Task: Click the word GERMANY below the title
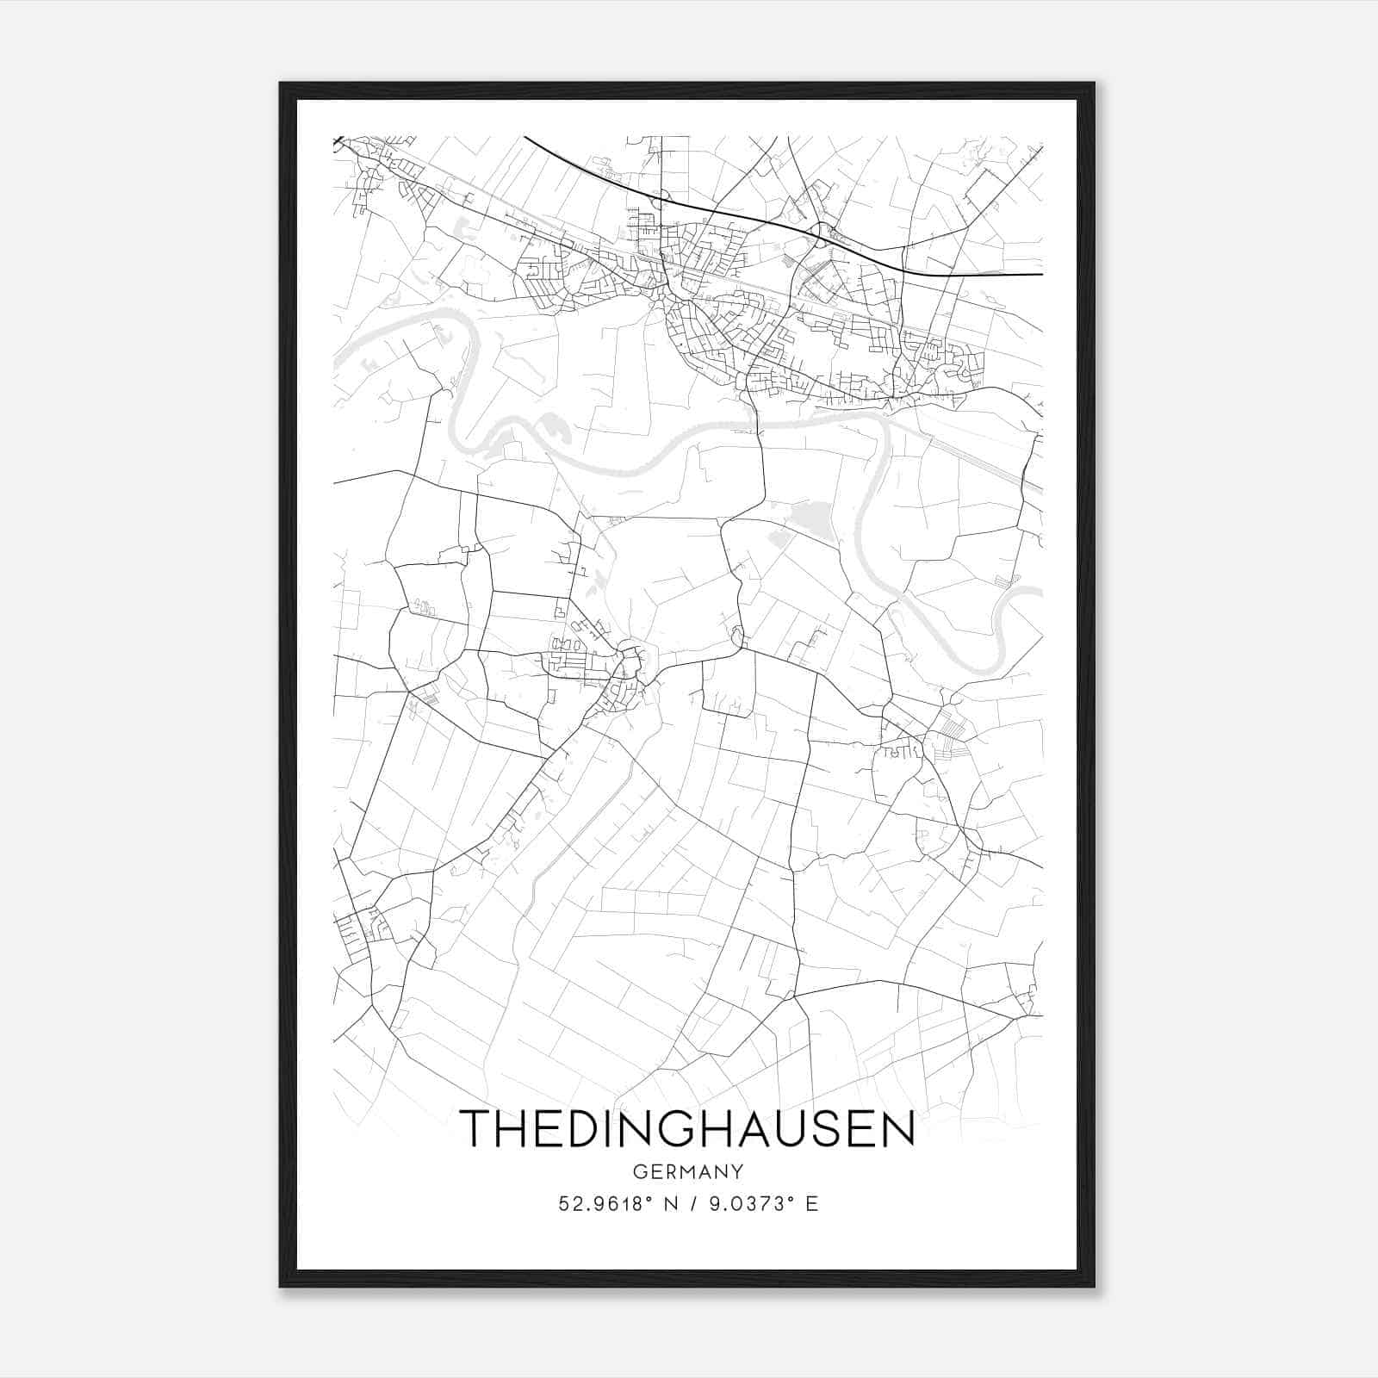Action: [x=688, y=1171]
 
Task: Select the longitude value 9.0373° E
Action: [x=763, y=1204]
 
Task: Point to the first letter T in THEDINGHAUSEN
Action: [x=477, y=1128]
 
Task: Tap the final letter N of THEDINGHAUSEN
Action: [x=897, y=1128]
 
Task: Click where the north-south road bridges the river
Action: [x=758, y=424]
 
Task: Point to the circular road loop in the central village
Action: [x=631, y=661]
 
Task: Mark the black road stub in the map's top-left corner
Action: [x=338, y=140]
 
